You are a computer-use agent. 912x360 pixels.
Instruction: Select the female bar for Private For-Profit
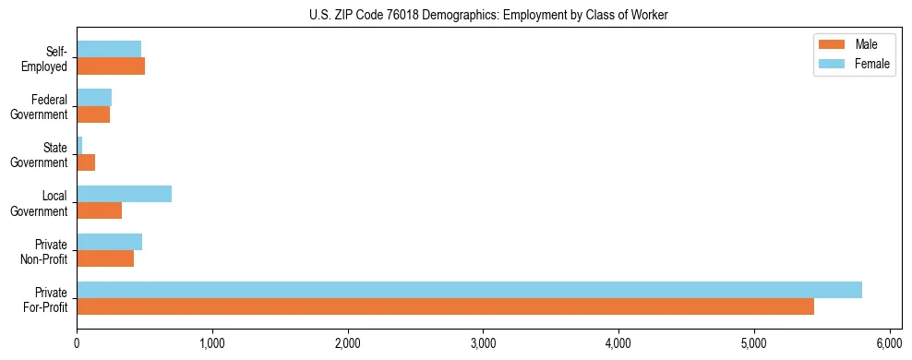click(469, 290)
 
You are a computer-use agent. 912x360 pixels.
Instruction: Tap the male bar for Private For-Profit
click(445, 306)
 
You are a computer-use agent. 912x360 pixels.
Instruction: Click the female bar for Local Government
click(124, 194)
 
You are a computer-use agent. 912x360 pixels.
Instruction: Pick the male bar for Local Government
click(99, 210)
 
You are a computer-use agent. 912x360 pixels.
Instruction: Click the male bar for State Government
click(86, 162)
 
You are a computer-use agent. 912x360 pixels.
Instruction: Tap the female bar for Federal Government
click(94, 97)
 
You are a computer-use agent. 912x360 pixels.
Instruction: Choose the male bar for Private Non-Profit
click(105, 258)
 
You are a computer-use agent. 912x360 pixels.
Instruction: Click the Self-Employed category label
click(48, 58)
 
